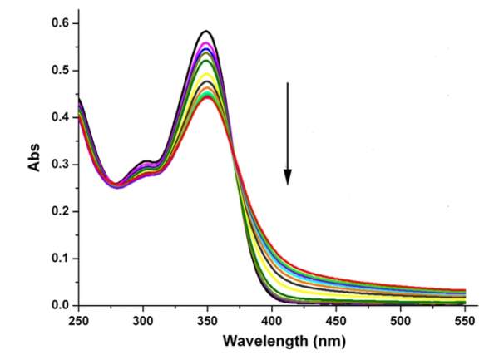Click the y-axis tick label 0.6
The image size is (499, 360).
(58, 23)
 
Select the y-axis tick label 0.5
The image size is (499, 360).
(58, 71)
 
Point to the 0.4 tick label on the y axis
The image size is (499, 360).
(58, 117)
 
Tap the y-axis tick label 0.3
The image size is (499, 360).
(58, 165)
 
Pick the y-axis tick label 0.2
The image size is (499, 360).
(58, 211)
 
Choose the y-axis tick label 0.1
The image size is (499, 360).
(58, 259)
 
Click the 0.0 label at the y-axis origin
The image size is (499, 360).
(58, 305)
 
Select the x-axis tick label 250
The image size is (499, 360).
(79, 320)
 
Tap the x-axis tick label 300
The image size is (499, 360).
(143, 320)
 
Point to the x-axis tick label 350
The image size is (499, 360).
(207, 320)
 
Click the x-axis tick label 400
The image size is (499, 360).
(271, 320)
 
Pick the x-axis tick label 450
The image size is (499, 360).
(335, 320)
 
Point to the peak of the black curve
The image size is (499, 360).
(206, 31)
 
